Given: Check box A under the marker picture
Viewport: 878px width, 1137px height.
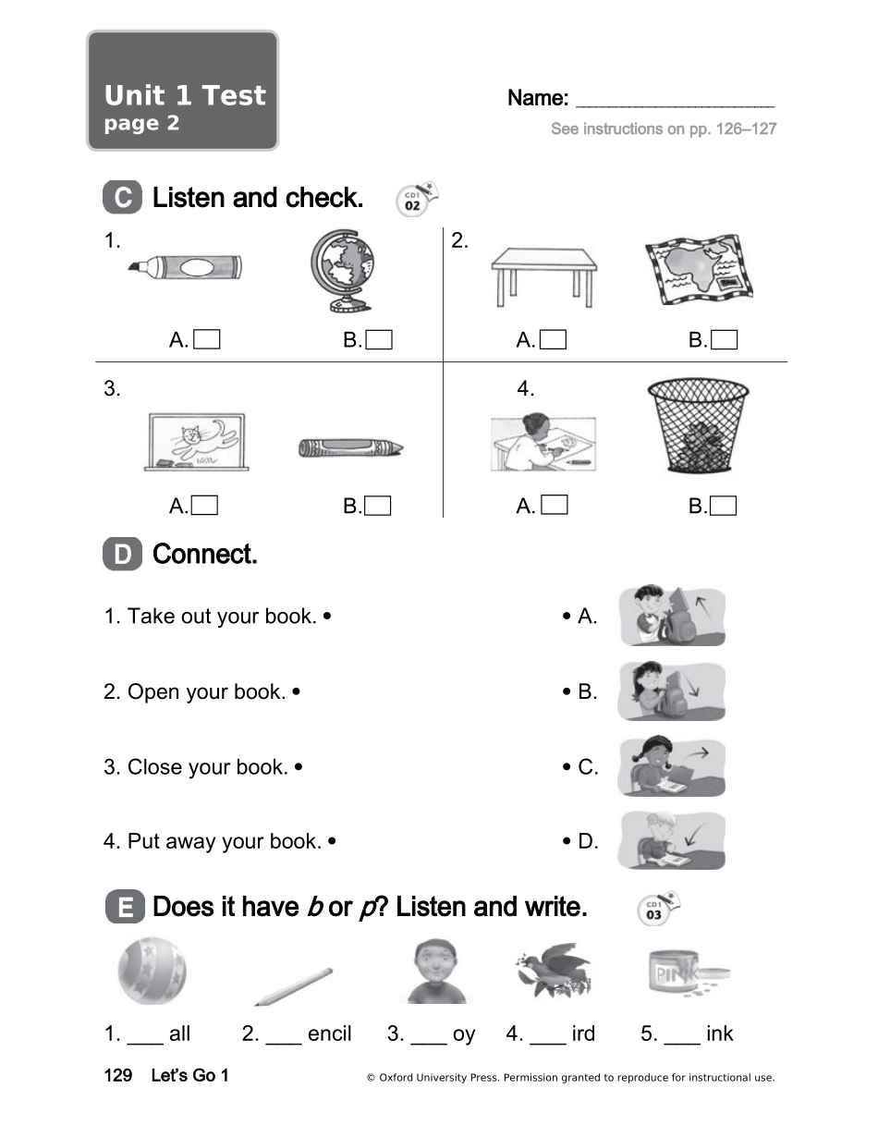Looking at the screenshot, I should tap(208, 340).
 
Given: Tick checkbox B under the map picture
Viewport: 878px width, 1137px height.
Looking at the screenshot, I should tap(725, 340).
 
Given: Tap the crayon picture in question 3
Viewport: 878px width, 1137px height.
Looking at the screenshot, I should tap(350, 448).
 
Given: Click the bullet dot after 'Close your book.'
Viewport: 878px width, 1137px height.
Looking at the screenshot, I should tap(298, 767).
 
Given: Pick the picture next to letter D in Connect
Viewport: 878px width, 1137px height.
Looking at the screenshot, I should tap(671, 840).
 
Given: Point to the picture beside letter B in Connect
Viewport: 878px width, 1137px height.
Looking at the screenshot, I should tap(671, 691).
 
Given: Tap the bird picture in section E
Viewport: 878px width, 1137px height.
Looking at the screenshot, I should tap(553, 970).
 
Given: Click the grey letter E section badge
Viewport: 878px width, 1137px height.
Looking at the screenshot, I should tap(124, 908).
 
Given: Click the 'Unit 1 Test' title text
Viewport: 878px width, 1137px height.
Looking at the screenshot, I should tap(185, 95).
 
